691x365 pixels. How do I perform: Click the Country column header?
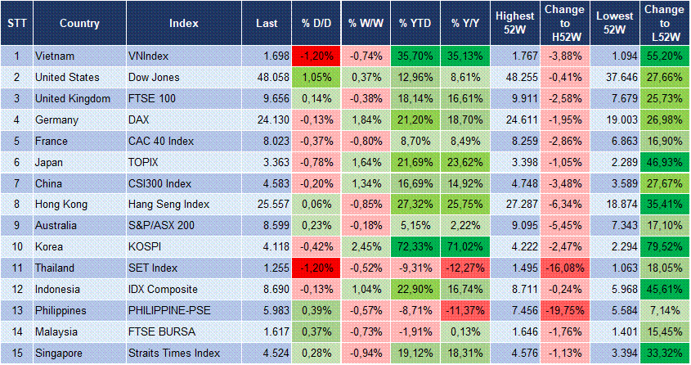coord(79,23)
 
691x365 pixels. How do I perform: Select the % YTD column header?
coord(415,23)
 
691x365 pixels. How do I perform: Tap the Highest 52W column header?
coord(515,23)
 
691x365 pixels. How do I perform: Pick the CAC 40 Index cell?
coord(161,142)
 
